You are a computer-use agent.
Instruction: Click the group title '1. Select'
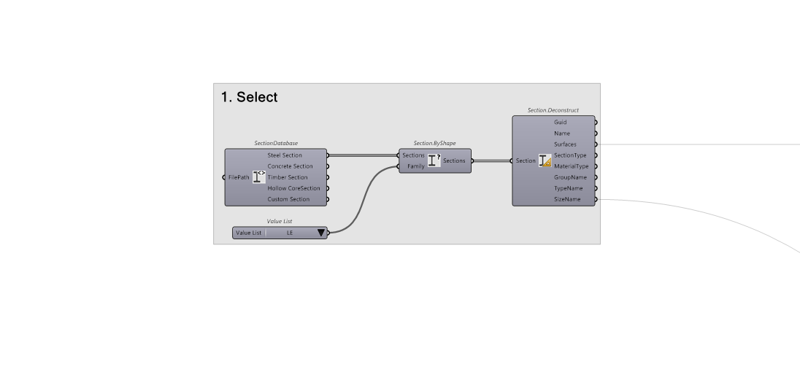(249, 97)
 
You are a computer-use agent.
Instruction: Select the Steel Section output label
(285, 155)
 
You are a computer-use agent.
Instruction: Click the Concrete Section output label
(290, 166)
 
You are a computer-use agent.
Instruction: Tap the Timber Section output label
(288, 177)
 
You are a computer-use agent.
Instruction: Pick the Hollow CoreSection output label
(293, 188)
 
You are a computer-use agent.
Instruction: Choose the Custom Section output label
(288, 199)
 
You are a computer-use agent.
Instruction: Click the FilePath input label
(239, 177)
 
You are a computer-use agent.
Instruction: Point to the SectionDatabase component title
(276, 143)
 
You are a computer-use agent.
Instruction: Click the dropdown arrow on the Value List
(320, 233)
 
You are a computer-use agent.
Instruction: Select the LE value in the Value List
(290, 233)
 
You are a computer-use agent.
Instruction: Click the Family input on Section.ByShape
(416, 166)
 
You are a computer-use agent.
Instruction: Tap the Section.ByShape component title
(434, 143)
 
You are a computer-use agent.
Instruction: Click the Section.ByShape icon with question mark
(434, 160)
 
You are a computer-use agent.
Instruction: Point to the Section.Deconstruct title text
(553, 110)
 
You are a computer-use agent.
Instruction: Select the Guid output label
(560, 123)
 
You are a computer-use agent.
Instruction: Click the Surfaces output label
(565, 144)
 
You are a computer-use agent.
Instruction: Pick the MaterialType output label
(571, 166)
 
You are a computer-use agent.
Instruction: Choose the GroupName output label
(570, 177)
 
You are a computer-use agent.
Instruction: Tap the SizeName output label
(567, 199)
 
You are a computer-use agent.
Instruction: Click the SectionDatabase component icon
(258, 177)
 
